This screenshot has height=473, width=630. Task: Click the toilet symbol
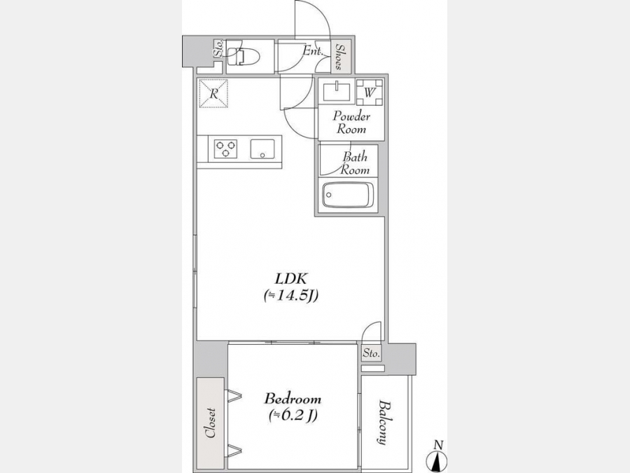[x=242, y=57]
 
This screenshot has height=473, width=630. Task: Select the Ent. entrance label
[x=312, y=51]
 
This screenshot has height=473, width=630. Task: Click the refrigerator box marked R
[x=213, y=94]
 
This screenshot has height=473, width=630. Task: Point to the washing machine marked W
[x=370, y=92]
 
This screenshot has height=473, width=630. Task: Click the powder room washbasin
[x=336, y=91]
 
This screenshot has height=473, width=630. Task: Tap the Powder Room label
[x=351, y=123]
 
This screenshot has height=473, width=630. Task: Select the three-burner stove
[x=225, y=148]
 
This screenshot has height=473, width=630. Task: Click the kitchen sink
[x=262, y=149]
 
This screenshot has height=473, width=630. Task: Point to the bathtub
[x=348, y=195]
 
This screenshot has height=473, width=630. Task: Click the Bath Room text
[x=354, y=163]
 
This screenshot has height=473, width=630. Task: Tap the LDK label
[x=291, y=278]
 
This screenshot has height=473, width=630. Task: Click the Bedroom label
[x=293, y=399]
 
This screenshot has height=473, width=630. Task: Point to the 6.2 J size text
[x=293, y=416]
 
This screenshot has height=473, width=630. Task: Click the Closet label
[x=210, y=423]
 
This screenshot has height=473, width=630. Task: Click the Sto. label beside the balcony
[x=371, y=354]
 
